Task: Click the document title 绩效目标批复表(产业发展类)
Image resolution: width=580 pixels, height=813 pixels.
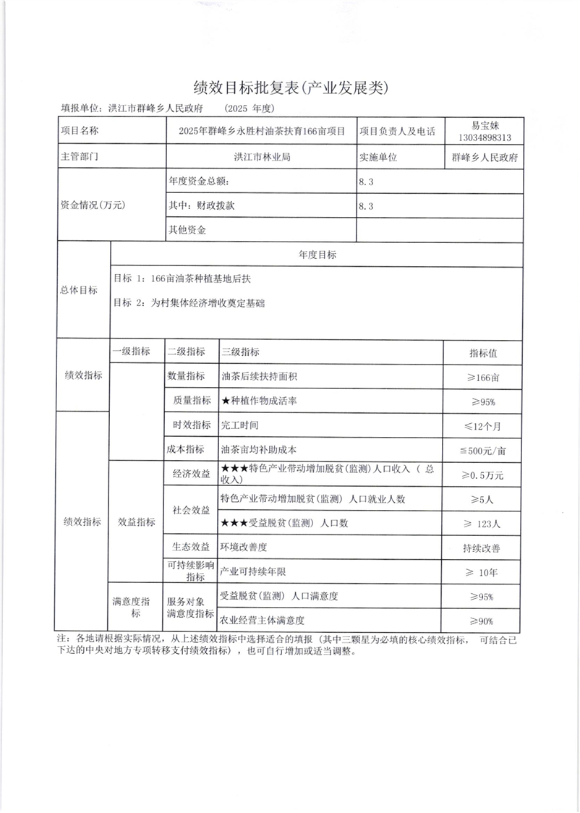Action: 291,88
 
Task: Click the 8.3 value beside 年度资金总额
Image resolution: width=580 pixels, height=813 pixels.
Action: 366,182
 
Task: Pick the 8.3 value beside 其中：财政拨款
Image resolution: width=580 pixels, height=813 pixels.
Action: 366,206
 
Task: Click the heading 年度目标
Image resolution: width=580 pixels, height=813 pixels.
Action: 316,255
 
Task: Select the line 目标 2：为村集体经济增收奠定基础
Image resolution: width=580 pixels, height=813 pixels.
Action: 189,304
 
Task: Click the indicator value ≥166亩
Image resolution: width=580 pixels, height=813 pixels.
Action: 483,378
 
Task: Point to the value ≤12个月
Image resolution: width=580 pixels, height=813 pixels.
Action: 483,426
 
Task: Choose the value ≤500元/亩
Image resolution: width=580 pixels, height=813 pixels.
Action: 483,450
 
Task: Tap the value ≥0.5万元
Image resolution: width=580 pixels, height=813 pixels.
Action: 483,475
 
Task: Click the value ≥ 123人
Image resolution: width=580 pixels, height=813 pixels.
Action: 483,523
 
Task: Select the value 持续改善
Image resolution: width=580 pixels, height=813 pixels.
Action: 483,548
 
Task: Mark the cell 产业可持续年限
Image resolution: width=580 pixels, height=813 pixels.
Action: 253,572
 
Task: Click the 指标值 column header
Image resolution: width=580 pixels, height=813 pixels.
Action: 483,354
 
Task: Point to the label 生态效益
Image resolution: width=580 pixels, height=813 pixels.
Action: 191,547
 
